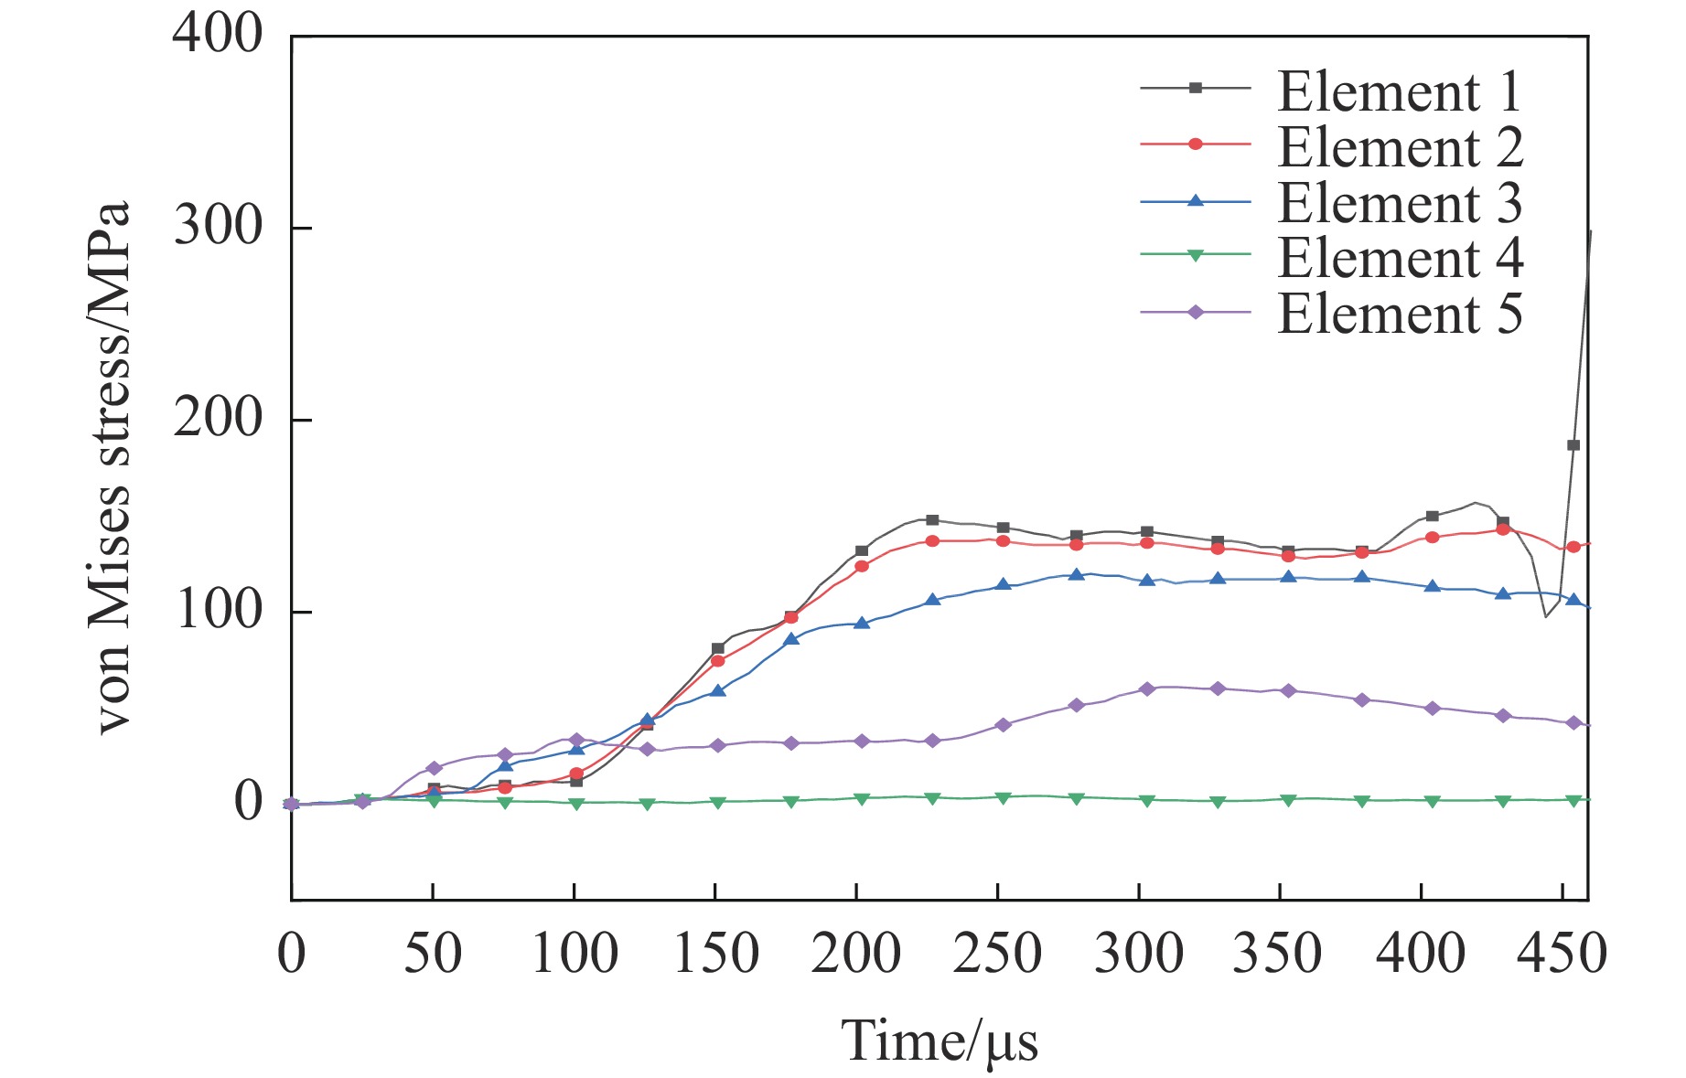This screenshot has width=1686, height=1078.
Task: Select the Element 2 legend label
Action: [1400, 147]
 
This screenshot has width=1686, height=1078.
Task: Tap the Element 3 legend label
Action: [1400, 203]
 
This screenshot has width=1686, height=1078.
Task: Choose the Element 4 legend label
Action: [1400, 259]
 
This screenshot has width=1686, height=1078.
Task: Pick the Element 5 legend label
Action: [1400, 315]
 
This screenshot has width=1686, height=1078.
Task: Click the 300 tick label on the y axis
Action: [218, 227]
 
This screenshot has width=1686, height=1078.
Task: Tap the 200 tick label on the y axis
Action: [218, 419]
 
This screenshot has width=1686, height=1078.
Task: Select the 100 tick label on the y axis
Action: [218, 611]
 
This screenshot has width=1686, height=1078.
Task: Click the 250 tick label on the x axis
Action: [997, 954]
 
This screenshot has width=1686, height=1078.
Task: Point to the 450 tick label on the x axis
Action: [1562, 954]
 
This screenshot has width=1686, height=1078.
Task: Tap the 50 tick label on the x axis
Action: [433, 954]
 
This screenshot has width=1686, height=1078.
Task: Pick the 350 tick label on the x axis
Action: [1278, 954]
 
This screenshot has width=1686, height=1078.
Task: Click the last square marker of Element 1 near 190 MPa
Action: [1573, 445]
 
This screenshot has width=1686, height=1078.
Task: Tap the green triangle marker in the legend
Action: [1195, 256]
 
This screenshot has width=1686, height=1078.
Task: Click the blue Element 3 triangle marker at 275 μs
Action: [1077, 575]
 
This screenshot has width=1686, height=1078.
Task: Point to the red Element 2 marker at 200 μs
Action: [862, 566]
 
